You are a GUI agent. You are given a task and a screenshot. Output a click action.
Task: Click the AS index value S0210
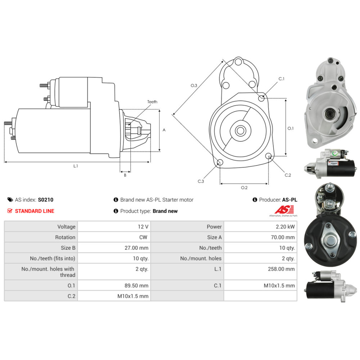pyautogui.click(x=45, y=200)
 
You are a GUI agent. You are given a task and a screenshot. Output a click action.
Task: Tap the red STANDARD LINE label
pyautogui.click(x=35, y=211)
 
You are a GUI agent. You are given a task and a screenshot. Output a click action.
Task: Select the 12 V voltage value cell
pyautogui.click(x=143, y=227)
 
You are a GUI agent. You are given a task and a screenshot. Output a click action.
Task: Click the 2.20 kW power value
pyautogui.click(x=286, y=227)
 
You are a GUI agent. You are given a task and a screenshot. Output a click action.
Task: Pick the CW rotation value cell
pyautogui.click(x=143, y=237)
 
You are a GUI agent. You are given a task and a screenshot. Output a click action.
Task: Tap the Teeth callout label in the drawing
pyautogui.click(x=152, y=102)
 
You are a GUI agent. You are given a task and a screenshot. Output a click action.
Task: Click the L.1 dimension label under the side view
pyautogui.click(x=76, y=166)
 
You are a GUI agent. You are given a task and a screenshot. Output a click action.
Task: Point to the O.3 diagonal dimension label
pyautogui.click(x=194, y=86)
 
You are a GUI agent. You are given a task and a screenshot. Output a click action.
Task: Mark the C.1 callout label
pyautogui.click(x=282, y=79)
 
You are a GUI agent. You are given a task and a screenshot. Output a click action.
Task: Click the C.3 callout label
pyautogui.click(x=201, y=181)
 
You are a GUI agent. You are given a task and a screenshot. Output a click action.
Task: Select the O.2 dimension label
pyautogui.click(x=244, y=188)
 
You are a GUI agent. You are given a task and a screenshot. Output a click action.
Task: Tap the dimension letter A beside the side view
pyautogui.click(x=164, y=130)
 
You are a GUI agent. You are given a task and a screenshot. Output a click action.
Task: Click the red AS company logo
pyautogui.click(x=284, y=210)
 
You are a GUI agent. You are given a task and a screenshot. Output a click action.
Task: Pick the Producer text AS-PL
pyautogui.click(x=290, y=200)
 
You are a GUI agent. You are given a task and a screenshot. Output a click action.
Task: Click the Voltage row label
pyautogui.click(x=66, y=227)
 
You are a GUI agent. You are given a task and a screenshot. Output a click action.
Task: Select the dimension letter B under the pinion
pyautogui.click(x=125, y=175)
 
